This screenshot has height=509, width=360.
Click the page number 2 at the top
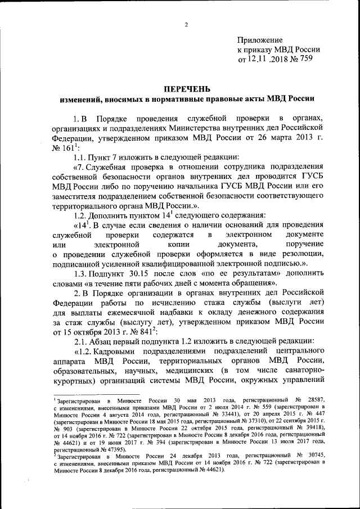(x=186, y=24)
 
